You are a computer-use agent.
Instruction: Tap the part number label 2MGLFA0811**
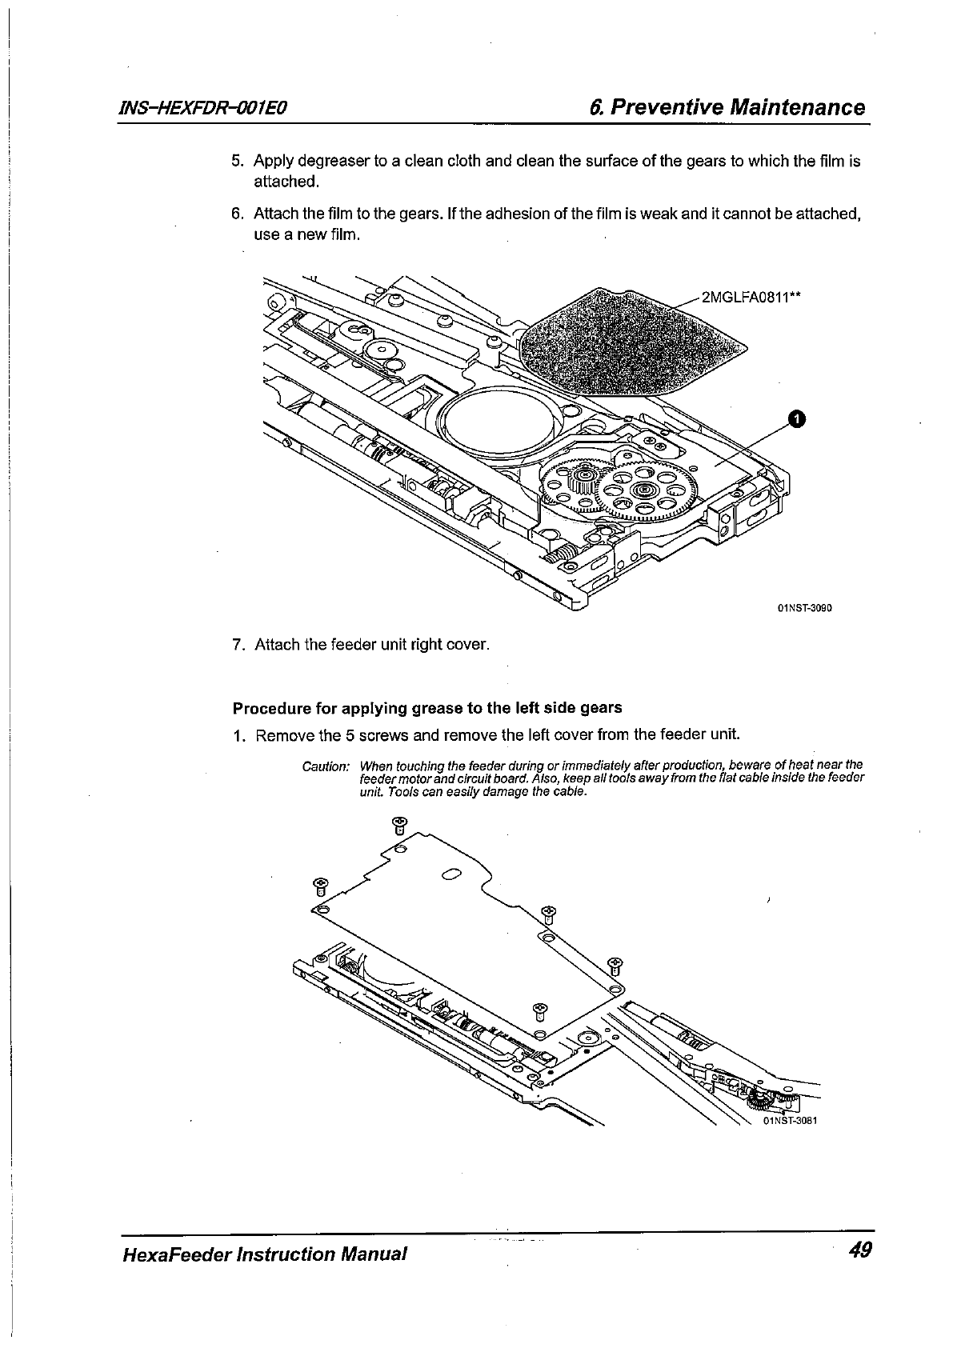[751, 298]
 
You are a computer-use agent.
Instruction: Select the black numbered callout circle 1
[797, 418]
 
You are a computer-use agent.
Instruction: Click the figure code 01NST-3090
[805, 608]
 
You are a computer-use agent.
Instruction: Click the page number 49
[860, 1250]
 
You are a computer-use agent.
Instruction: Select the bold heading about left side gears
[426, 708]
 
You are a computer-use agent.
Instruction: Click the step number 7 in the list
[237, 645]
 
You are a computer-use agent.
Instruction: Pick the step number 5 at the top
[237, 162]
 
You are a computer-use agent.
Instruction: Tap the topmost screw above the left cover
[401, 824]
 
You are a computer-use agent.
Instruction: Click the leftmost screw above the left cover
[321, 886]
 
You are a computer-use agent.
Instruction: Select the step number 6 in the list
[237, 214]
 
